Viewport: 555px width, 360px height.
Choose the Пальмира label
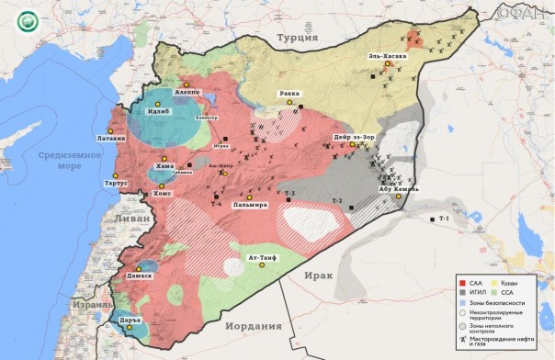[x=250, y=204]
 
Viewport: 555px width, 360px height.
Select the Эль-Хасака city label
[x=387, y=56]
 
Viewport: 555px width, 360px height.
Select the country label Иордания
[x=252, y=326]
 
